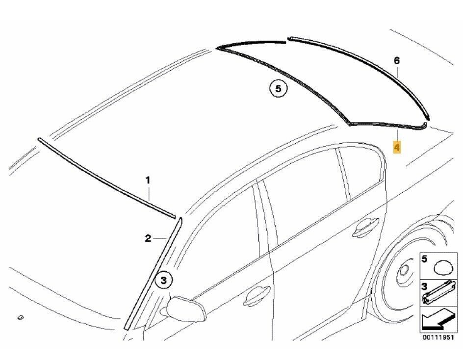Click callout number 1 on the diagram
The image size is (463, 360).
point(148,181)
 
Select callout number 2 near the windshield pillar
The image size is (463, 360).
point(148,239)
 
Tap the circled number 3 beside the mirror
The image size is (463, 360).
point(164,281)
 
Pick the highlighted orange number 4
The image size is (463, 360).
point(397,147)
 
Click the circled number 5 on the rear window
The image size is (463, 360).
point(278,89)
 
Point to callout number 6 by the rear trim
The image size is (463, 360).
point(397,61)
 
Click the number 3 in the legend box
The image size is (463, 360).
point(425,284)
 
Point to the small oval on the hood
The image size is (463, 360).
point(21,318)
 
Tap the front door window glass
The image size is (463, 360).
point(226,231)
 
